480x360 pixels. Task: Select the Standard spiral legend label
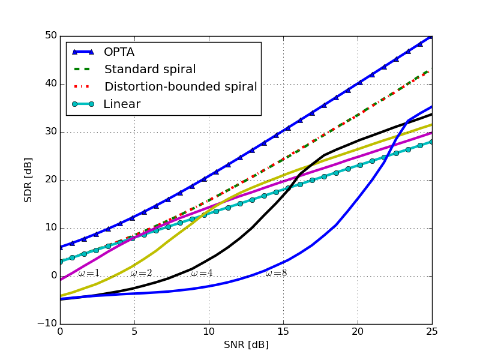tap(150, 70)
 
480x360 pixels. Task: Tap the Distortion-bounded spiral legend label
tap(180, 87)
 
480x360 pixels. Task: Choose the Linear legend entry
tap(122, 104)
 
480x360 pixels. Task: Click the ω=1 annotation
tap(89, 274)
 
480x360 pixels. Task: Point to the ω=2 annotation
tap(142, 274)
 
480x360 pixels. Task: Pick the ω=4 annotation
tap(202, 274)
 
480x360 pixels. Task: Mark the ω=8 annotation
tap(276, 274)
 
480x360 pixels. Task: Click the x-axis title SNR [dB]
tap(246, 345)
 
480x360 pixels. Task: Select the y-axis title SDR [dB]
tap(28, 180)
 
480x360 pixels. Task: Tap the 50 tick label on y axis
tap(50, 36)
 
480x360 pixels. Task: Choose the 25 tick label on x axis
tap(432, 331)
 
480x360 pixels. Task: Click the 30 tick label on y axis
tap(50, 132)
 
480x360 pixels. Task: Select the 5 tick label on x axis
tap(134, 331)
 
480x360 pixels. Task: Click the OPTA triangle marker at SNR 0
tap(60, 247)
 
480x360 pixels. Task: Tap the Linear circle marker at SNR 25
tap(432, 142)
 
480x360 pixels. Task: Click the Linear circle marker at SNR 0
tap(60, 262)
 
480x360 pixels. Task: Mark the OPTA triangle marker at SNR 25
tap(431, 37)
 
